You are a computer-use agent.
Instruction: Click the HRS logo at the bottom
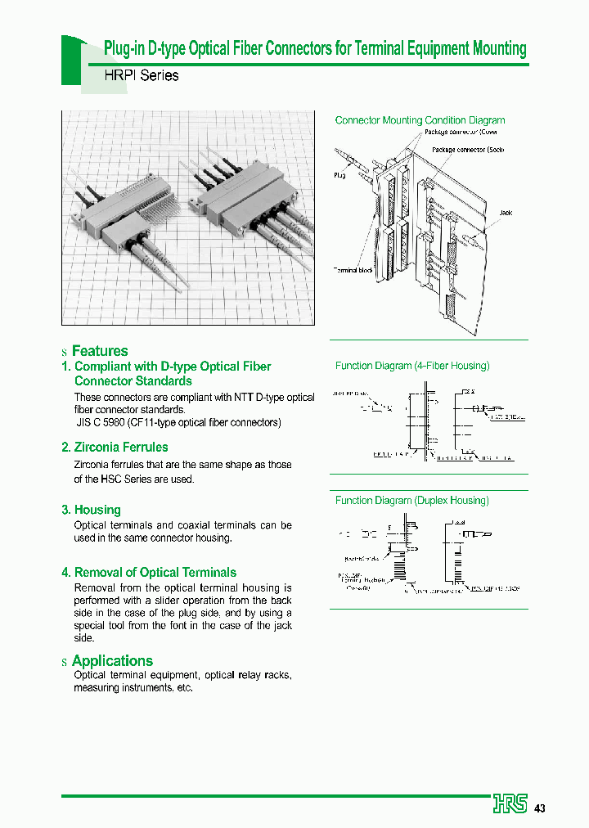click(510, 804)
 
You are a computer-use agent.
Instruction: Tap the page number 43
click(540, 808)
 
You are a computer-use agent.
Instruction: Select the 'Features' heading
click(100, 351)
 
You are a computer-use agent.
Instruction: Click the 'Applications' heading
click(112, 660)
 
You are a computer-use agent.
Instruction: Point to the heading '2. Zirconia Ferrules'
click(115, 447)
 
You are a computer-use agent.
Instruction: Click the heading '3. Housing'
click(91, 510)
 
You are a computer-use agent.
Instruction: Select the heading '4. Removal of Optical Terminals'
click(148, 573)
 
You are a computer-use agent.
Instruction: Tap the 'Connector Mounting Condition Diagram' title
click(420, 120)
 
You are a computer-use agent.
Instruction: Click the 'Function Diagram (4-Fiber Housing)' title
click(412, 366)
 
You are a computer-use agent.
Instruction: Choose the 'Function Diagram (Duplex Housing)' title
click(412, 500)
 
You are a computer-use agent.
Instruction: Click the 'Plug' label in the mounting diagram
click(339, 175)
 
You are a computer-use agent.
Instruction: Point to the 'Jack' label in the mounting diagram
click(506, 213)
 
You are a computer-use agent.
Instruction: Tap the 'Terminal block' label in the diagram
click(353, 270)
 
